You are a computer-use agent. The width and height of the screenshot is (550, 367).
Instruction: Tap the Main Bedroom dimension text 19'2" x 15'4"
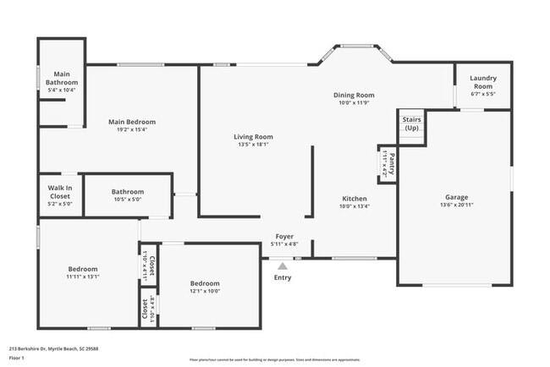(132, 129)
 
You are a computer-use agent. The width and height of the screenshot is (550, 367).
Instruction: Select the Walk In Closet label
(59, 191)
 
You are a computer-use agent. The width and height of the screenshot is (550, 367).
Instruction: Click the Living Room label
(253, 136)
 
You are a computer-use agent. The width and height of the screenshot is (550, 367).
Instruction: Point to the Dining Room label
(355, 96)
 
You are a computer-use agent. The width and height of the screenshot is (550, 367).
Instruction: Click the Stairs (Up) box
(411, 124)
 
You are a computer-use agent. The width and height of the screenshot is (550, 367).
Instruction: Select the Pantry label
(392, 159)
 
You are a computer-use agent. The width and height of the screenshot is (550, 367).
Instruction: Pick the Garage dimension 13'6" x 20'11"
(456, 205)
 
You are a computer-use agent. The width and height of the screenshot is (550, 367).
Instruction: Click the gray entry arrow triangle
(283, 266)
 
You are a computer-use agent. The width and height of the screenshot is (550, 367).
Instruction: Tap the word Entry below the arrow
(283, 277)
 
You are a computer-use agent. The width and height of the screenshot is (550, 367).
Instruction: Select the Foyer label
(283, 237)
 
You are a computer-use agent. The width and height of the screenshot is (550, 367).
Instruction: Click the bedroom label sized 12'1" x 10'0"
(205, 283)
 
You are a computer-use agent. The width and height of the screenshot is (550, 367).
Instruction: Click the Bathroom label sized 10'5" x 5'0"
(128, 192)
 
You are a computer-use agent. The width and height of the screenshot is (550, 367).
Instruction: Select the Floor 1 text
(17, 358)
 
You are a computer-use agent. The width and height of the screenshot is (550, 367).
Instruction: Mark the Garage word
(456, 197)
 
